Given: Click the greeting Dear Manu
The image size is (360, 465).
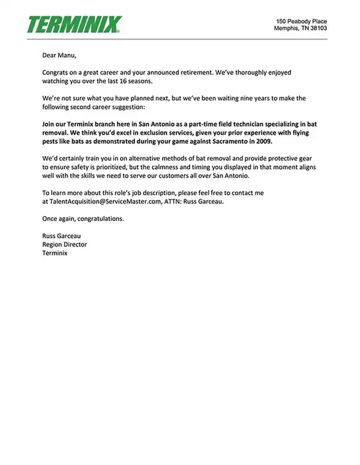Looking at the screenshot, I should tap(59, 56).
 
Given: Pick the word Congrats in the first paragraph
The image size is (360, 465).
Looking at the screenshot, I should tap(56, 73).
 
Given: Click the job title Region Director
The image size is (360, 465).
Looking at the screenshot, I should tap(65, 244).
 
